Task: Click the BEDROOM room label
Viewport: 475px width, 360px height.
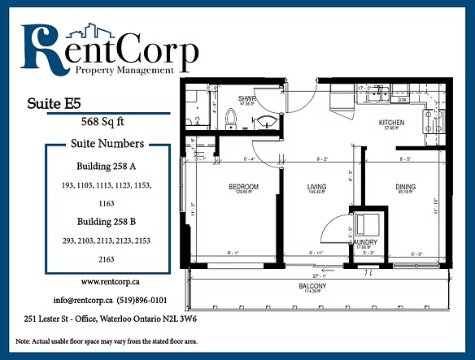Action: click(x=242, y=187)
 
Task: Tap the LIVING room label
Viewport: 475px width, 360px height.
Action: click(x=316, y=187)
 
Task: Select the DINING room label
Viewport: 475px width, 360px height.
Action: click(x=406, y=187)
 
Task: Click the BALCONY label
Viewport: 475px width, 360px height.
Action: click(x=312, y=286)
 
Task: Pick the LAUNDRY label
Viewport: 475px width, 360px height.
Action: click(x=361, y=242)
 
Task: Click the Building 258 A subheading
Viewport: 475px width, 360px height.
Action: click(x=108, y=167)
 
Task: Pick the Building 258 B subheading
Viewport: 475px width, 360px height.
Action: click(x=108, y=221)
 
